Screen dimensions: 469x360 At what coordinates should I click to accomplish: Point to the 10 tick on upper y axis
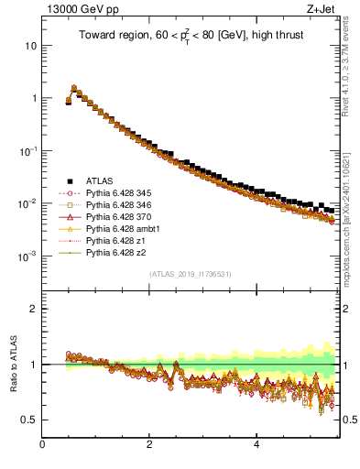tap(31, 45)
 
